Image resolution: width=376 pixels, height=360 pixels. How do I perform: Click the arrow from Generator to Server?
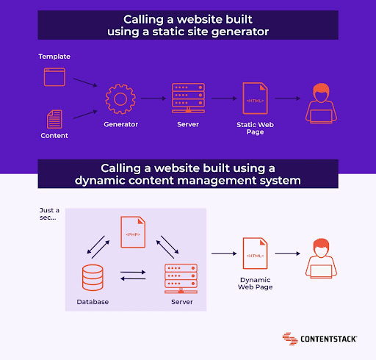(x=153, y=98)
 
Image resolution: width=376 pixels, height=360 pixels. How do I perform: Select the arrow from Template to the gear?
(x=85, y=82)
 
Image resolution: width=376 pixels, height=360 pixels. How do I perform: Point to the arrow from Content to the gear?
(x=85, y=115)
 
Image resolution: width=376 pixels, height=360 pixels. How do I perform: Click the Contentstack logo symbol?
(x=290, y=339)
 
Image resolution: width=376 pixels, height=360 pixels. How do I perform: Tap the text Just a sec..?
(x=49, y=214)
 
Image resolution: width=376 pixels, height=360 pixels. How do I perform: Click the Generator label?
(x=120, y=124)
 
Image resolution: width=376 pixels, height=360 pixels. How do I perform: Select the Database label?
(x=93, y=302)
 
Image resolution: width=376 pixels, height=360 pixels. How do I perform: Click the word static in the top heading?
(x=168, y=32)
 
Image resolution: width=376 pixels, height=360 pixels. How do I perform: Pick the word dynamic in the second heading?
(x=99, y=181)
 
